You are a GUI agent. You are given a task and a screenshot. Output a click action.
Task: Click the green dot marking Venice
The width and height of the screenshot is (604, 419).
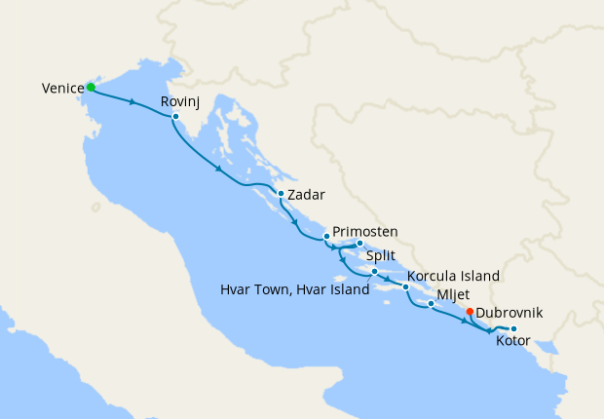[x=91, y=87]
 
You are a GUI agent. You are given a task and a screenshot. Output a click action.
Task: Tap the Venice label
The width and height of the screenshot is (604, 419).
[x=62, y=89]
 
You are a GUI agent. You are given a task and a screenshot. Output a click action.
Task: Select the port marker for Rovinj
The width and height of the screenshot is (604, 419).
[x=175, y=117]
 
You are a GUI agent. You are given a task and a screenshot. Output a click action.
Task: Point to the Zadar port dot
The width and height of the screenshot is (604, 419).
[x=281, y=193]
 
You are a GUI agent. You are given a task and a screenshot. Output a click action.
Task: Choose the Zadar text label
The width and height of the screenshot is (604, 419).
[x=306, y=194]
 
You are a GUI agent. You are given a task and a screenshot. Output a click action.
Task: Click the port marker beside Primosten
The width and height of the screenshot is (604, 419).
[x=326, y=236]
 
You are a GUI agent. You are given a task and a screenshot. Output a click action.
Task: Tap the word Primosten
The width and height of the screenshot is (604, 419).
[x=365, y=232]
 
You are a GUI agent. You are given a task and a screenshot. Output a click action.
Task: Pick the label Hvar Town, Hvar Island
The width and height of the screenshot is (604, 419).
[x=291, y=289]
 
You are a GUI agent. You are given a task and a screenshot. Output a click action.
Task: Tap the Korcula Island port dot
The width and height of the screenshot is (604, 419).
[x=405, y=287]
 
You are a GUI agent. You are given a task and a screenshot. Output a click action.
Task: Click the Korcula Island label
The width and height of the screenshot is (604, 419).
[x=454, y=276]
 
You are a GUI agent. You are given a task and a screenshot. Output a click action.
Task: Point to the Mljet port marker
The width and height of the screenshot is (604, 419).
[x=431, y=304]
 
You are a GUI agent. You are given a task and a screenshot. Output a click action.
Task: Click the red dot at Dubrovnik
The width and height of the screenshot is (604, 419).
[x=470, y=312]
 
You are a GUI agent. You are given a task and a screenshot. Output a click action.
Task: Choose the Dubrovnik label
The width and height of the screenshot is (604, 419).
[x=510, y=313]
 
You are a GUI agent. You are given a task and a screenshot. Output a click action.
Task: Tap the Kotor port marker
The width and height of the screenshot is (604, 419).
[x=513, y=328]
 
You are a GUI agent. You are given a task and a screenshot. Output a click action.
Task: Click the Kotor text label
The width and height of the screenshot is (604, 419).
[x=513, y=342]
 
